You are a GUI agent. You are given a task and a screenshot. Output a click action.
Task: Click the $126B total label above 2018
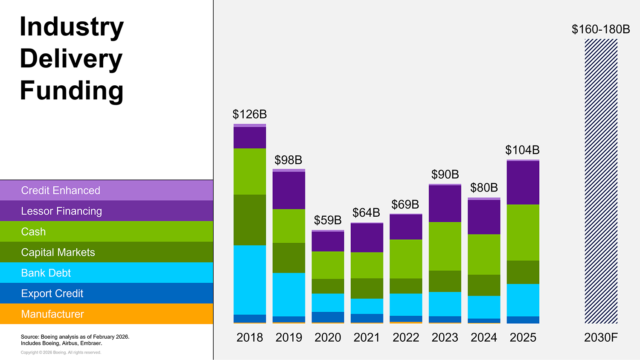[x=250, y=114]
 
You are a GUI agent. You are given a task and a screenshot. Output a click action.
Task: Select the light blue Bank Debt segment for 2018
[x=250, y=280]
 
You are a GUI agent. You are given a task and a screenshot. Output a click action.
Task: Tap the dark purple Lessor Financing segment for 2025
[x=523, y=183]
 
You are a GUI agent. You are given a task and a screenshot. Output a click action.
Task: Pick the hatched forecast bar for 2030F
[x=601, y=181]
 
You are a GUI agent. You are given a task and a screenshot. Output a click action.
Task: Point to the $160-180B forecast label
[x=601, y=29]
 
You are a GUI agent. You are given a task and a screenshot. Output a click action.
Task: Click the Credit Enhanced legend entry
[x=61, y=190]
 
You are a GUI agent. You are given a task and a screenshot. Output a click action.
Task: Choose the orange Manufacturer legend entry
[x=52, y=314]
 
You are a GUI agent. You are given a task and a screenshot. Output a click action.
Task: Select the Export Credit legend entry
[x=52, y=293]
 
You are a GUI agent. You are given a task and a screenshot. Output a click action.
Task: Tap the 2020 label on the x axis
[x=328, y=337]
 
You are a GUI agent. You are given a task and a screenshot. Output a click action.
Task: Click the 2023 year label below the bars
[x=445, y=337]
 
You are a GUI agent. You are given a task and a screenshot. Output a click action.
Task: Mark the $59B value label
[x=328, y=220]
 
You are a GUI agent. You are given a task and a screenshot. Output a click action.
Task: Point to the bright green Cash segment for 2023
[x=445, y=246]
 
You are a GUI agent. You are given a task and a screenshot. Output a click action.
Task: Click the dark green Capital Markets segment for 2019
[x=289, y=258]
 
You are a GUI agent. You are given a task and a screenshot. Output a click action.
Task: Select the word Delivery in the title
[x=71, y=59]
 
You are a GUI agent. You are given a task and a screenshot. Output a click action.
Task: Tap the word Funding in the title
[x=72, y=91]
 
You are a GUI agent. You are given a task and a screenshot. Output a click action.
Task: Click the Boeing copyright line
[x=61, y=352]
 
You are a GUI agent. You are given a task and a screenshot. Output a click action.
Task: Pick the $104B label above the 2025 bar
[x=522, y=150]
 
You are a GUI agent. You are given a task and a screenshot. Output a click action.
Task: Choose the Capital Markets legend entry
[x=58, y=252]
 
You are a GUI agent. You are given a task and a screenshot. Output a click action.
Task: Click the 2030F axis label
[x=601, y=337]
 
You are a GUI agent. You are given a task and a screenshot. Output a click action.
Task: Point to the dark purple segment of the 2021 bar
[x=367, y=238]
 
